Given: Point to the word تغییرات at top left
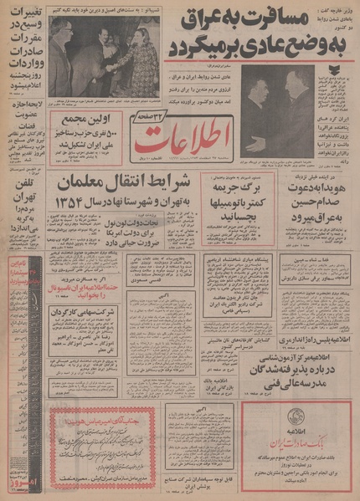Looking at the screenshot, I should click(24, 16).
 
